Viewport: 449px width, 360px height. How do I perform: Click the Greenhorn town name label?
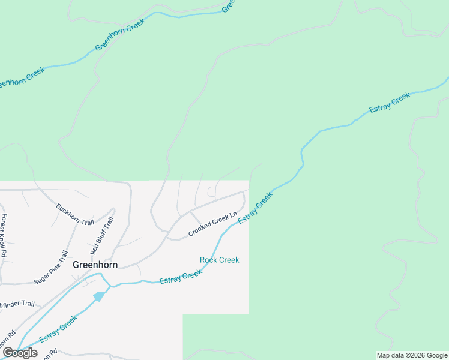click(95, 264)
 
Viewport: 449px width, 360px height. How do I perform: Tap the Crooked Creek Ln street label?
click(213, 223)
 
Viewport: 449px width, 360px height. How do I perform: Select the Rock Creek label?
click(219, 260)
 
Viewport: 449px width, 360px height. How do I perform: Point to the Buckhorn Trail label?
click(75, 214)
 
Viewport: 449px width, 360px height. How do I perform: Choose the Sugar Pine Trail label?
click(51, 267)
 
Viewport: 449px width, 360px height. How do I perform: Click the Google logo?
click(20, 353)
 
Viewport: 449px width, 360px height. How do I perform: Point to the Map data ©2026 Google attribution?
click(412, 355)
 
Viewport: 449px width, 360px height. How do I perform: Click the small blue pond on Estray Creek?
click(98, 296)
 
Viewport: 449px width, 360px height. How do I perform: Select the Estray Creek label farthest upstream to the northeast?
click(390, 102)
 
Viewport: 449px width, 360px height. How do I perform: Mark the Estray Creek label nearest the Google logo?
click(58, 329)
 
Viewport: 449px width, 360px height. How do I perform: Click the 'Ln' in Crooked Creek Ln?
click(234, 213)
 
